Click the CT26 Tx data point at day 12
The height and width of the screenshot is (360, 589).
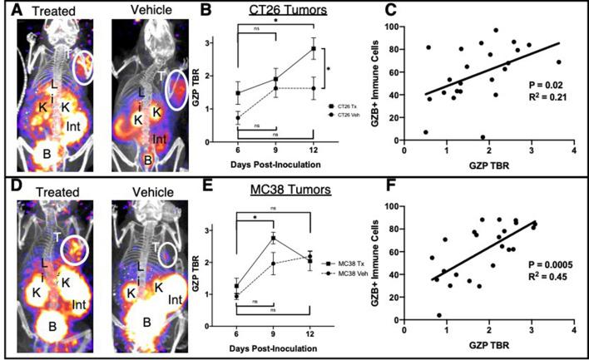click(x=313, y=49)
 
